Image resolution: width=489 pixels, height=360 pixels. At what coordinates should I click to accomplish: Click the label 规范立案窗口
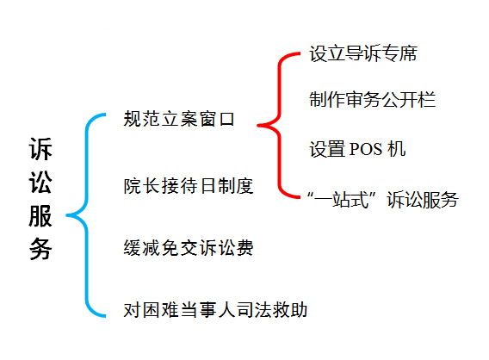[179, 119]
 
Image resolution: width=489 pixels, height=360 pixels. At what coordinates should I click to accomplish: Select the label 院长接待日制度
[189, 186]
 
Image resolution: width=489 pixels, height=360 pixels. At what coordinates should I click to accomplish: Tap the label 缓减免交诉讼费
[189, 248]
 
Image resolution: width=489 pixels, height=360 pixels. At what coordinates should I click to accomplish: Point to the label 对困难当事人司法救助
[215, 310]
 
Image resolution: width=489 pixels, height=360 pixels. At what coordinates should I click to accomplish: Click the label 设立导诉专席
[363, 53]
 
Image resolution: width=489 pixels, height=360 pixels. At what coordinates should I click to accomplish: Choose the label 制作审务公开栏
[373, 100]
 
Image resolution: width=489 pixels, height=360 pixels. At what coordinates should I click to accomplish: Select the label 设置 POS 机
[357, 149]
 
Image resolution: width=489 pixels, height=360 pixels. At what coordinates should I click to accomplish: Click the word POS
[366, 149]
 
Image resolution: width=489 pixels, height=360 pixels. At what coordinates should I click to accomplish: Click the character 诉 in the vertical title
[40, 148]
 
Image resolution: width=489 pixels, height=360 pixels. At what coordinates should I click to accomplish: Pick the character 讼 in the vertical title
[40, 182]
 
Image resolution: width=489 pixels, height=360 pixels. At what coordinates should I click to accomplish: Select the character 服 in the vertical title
[40, 215]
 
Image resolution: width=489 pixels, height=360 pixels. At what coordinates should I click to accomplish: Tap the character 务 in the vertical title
[40, 249]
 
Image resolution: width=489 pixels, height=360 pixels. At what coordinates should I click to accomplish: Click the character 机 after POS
[396, 149]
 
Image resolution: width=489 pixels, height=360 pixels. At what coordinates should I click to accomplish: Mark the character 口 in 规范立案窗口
[226, 120]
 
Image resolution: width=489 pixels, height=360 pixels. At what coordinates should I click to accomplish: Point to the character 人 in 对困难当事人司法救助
[226, 310]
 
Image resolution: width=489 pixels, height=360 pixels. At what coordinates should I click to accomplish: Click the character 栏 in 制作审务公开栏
[426, 100]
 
